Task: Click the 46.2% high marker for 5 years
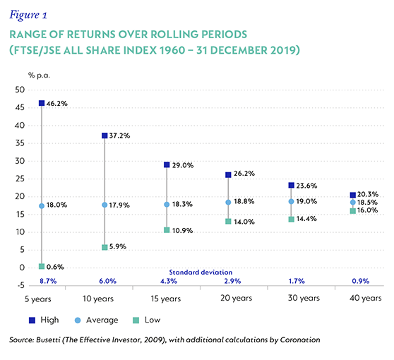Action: [42, 103]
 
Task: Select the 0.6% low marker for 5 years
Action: [42, 267]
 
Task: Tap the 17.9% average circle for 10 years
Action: [105, 205]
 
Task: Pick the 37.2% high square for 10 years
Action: [105, 136]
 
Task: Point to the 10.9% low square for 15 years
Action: [167, 230]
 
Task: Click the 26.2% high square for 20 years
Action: [228, 175]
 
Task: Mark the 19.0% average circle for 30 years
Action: [291, 201]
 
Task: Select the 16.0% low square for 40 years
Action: [353, 211]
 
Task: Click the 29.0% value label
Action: [183, 165]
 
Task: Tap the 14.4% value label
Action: [306, 219]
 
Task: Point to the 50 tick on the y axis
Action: [20, 90]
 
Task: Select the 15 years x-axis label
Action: [166, 299]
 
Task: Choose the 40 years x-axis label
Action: [366, 298]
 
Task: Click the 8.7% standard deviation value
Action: [48, 281]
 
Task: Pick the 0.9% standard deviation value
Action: [361, 281]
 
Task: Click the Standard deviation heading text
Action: [201, 272]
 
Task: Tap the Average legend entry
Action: [97, 320]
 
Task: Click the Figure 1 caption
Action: [28, 15]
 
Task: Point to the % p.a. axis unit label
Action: [39, 75]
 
